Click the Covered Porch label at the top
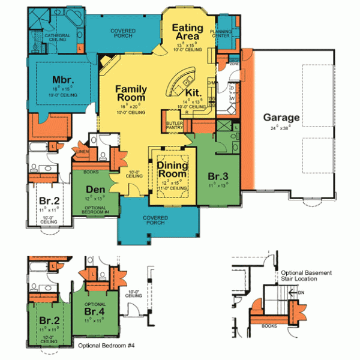(x=123, y=32)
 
